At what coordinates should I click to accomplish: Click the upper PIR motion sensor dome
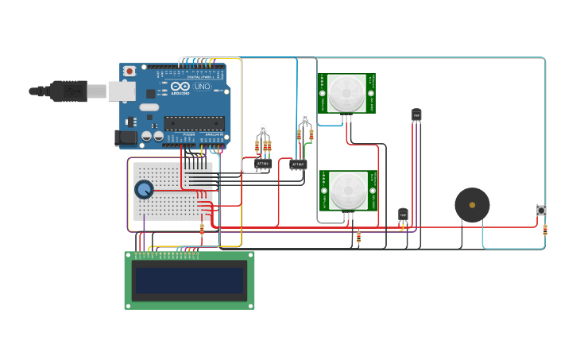(x=347, y=92)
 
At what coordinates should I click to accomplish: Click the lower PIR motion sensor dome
(x=348, y=191)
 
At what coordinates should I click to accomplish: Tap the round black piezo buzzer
(x=472, y=205)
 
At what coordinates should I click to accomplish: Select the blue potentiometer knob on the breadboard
(x=144, y=190)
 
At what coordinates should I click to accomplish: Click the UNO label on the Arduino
(x=202, y=86)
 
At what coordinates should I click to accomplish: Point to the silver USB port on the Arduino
(x=122, y=91)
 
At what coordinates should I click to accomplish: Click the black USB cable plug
(x=68, y=91)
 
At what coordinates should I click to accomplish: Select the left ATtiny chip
(x=263, y=164)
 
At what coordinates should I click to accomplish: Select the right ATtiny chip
(x=298, y=165)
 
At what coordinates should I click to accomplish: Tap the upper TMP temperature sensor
(x=416, y=116)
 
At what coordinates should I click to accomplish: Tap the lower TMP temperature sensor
(x=403, y=214)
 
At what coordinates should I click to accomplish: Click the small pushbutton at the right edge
(x=541, y=211)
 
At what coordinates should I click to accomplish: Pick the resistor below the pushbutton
(x=545, y=230)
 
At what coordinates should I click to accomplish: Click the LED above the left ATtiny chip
(x=263, y=129)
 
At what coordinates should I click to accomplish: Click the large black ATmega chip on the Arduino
(x=194, y=123)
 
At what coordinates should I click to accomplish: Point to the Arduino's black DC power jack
(x=125, y=138)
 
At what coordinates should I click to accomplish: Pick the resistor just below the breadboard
(x=202, y=230)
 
